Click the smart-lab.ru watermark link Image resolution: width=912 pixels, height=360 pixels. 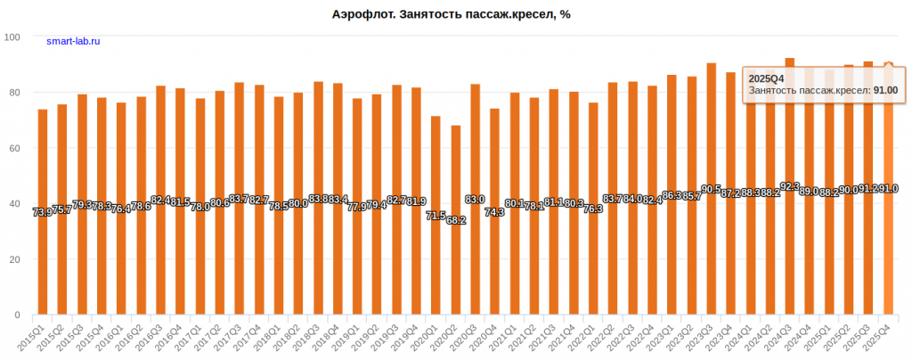[73, 41]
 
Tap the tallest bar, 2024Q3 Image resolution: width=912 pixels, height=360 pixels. [789, 186]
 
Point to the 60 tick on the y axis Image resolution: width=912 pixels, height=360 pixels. [15, 148]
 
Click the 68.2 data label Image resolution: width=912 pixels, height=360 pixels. [455, 219]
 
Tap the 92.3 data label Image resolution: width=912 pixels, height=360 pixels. [789, 186]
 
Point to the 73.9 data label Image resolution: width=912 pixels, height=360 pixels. [42, 212]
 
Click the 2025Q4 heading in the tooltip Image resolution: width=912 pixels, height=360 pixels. [765, 78]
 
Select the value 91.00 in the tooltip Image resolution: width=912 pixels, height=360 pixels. [884, 90]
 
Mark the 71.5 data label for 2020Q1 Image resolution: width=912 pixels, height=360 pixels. [436, 216]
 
